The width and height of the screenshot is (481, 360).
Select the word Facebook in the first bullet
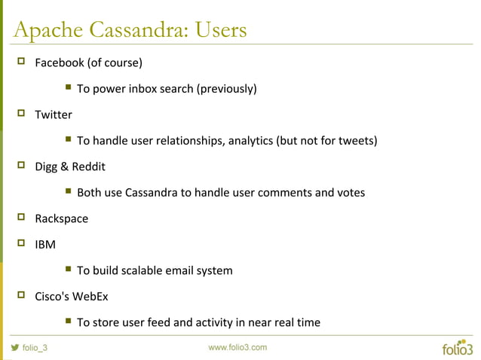tap(60, 62)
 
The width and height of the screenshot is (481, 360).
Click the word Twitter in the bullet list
tap(54, 114)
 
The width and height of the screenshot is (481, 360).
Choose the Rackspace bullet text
tap(62, 218)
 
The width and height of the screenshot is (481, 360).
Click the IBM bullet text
tap(45, 245)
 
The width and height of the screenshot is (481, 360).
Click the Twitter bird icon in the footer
tap(14, 348)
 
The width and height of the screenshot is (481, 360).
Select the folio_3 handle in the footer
tap(35, 348)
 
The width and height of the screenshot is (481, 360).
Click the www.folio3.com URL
tap(237, 347)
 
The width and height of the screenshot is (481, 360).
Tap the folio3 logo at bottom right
tap(458, 348)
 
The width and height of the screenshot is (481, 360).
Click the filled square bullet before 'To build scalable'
tap(68, 270)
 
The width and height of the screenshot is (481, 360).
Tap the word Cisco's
tap(52, 296)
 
